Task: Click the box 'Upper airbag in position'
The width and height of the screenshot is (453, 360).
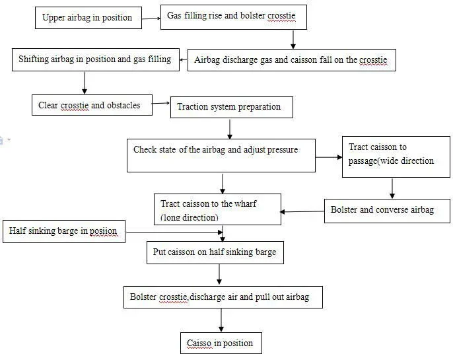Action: tap(88, 18)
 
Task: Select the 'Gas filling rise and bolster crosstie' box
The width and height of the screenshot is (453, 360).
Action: tap(234, 17)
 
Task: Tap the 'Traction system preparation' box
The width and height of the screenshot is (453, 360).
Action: tap(232, 107)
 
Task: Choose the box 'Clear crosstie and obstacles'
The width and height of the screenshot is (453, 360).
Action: tap(92, 105)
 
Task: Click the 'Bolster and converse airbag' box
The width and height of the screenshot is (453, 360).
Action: tap(387, 211)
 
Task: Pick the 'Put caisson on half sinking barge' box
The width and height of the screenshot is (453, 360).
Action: tap(215, 252)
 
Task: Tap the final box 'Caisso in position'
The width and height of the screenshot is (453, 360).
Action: tap(221, 343)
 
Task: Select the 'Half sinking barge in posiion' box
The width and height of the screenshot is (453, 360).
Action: tap(64, 231)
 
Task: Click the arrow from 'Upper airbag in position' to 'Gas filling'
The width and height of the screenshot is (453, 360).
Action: tap(151, 18)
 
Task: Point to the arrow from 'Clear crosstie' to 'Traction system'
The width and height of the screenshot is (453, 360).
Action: tap(161, 103)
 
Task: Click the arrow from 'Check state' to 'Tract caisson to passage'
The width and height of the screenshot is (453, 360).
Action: tap(329, 157)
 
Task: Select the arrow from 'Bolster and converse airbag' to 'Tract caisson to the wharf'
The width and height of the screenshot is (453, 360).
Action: tap(302, 212)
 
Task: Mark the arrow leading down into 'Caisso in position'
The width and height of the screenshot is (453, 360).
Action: tap(221, 320)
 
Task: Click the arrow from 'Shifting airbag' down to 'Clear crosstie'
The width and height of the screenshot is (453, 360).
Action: tap(85, 83)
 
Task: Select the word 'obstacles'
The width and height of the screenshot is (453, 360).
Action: tap(123, 105)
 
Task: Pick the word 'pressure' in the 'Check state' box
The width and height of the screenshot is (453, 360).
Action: tap(283, 150)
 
